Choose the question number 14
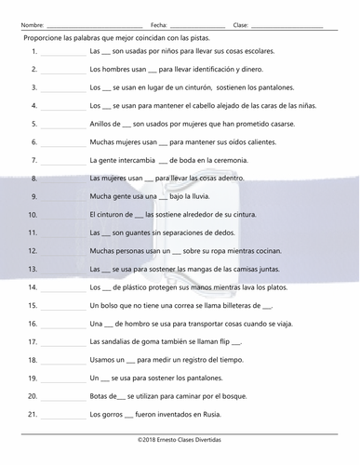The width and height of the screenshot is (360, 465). [x=33, y=287]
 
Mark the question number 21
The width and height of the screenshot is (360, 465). [x=33, y=414]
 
